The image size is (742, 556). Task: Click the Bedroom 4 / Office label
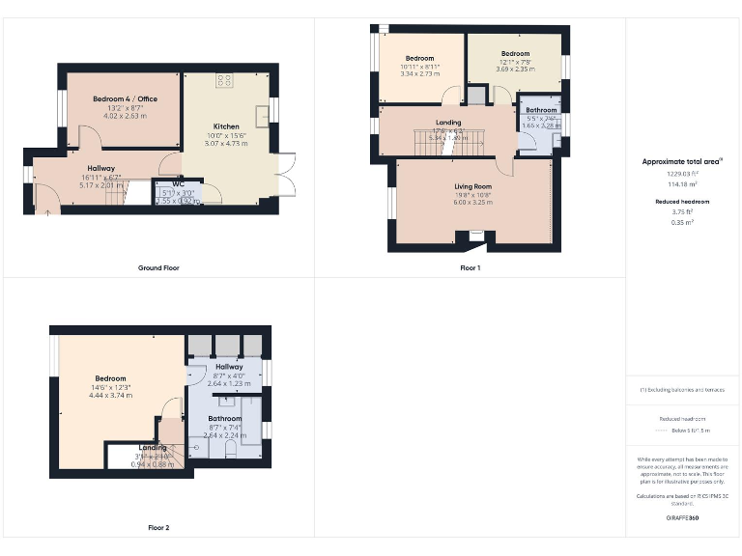click(x=125, y=99)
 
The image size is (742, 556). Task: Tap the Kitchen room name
click(x=226, y=126)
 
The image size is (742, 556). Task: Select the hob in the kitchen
click(x=223, y=81)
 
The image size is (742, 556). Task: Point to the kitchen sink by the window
click(x=262, y=111)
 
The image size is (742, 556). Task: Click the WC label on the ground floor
click(x=178, y=183)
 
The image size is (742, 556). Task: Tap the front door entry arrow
click(x=46, y=211)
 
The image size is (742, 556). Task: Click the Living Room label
click(x=473, y=186)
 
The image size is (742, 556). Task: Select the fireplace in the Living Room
click(x=474, y=235)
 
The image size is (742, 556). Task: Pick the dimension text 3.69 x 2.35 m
click(x=515, y=69)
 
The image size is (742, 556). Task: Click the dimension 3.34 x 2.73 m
click(x=420, y=73)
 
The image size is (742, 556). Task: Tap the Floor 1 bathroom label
click(x=541, y=110)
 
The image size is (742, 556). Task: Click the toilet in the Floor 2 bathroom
click(x=229, y=449)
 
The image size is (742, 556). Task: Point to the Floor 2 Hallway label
click(x=229, y=367)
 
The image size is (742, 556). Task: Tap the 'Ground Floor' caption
click(x=158, y=267)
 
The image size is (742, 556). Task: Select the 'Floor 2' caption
click(x=158, y=528)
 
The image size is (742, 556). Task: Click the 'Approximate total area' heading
click(x=682, y=161)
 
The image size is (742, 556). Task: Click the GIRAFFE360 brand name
click(x=682, y=518)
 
